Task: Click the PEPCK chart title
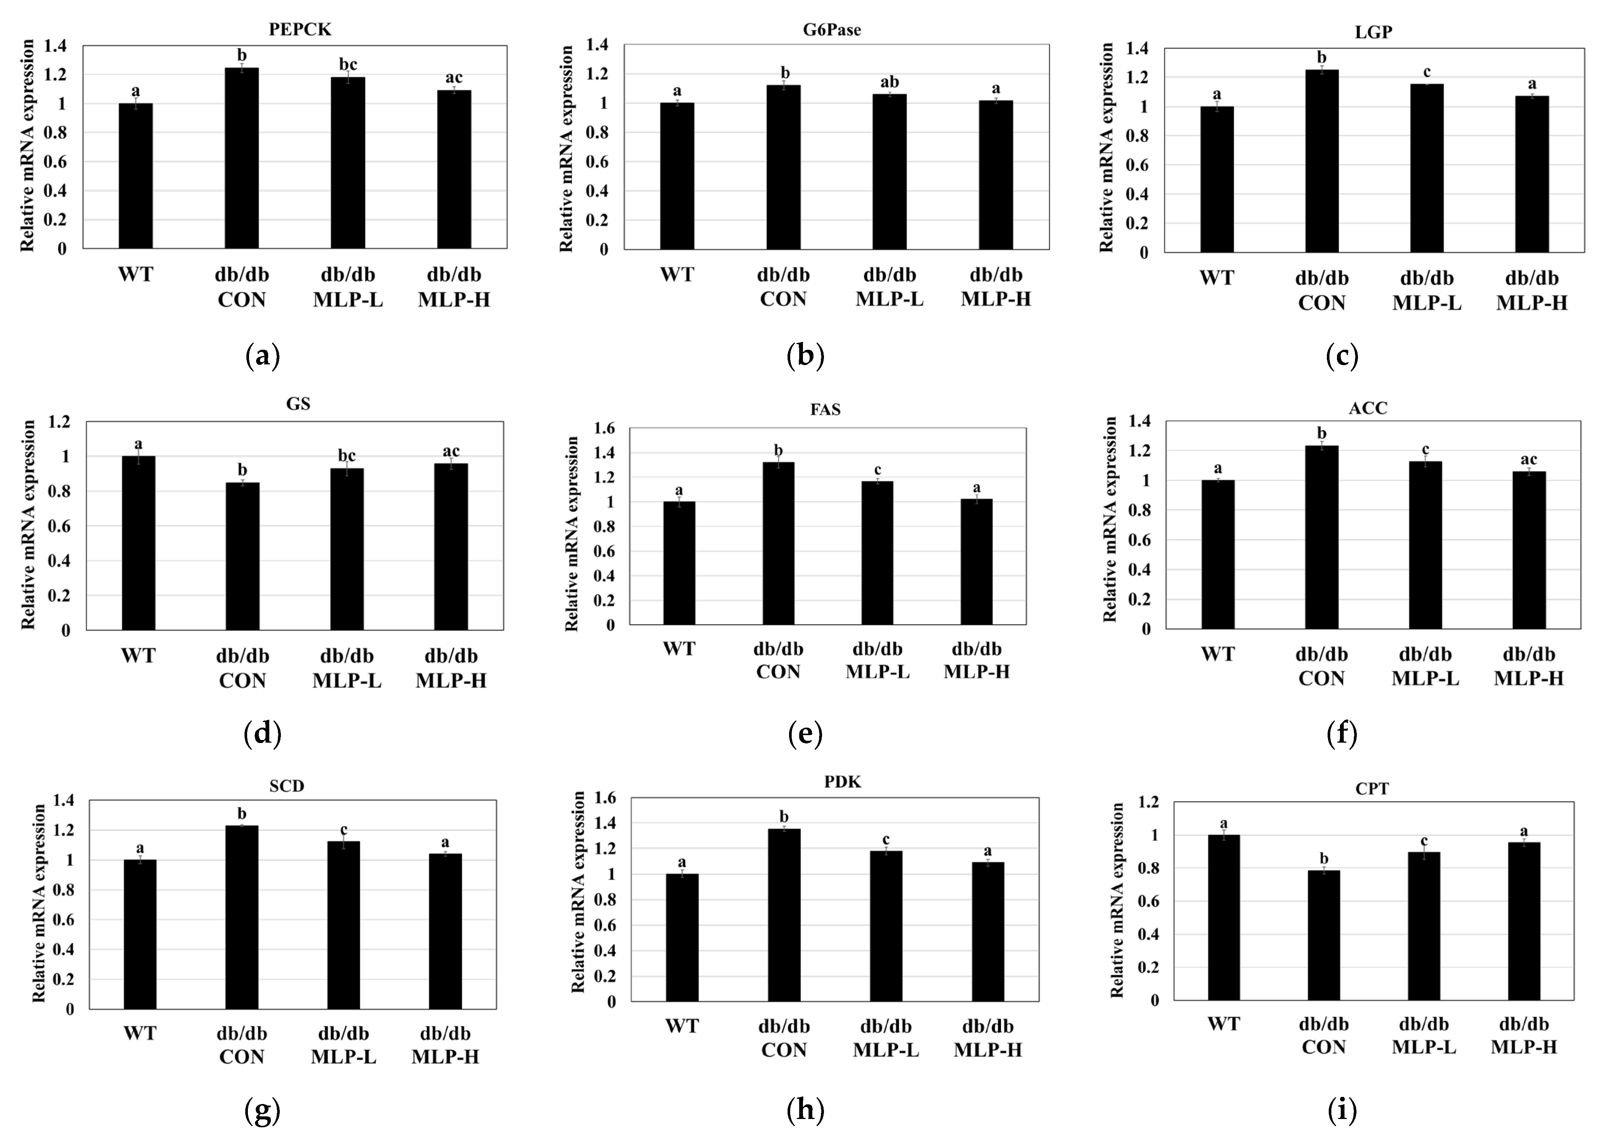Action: coord(300,29)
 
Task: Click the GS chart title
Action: coord(298,404)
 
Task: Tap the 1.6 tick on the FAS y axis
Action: coord(604,428)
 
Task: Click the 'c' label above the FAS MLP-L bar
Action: coord(877,469)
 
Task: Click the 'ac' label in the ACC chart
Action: coord(1529,459)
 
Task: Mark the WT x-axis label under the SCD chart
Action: coord(140,1034)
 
